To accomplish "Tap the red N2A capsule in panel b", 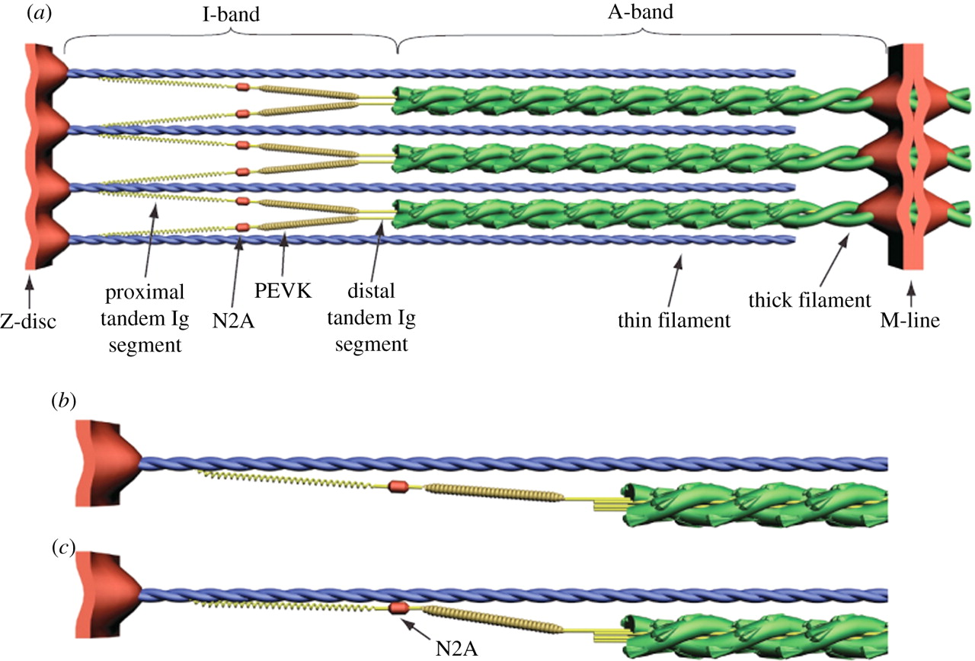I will [397, 486].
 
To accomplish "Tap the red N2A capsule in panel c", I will [399, 608].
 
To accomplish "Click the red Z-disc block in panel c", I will [103, 594].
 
